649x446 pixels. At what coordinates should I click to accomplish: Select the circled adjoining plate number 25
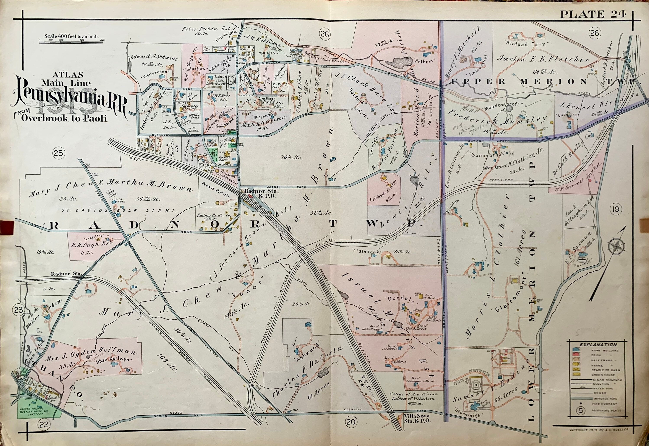[60, 153]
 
